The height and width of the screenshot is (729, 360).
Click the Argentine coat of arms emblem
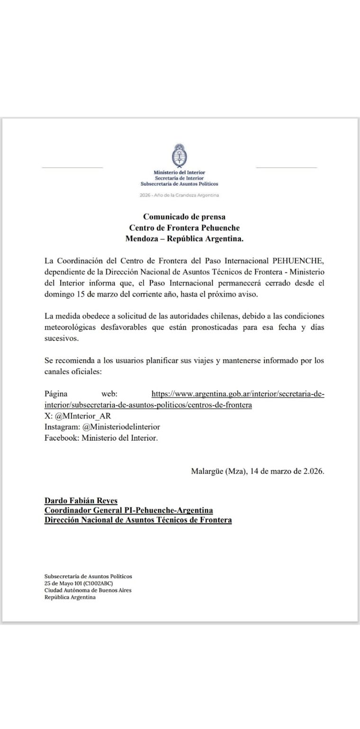[x=180, y=155]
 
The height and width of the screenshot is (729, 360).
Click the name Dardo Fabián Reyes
[x=81, y=500]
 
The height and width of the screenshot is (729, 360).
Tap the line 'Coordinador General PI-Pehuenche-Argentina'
[x=128, y=510]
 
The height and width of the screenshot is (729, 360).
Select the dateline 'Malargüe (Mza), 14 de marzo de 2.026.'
[x=258, y=471]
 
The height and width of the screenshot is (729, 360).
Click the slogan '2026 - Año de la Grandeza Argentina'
[x=180, y=195]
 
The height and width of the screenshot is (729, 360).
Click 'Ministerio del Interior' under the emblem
[x=180, y=172]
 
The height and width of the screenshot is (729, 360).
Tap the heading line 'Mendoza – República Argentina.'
[x=184, y=239]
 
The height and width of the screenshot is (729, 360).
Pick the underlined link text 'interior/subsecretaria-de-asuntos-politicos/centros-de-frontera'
[x=148, y=405]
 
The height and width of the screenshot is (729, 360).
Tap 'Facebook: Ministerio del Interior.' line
[x=101, y=438]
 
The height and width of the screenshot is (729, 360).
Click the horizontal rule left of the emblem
[x=72, y=167]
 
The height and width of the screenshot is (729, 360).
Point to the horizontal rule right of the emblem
[x=286, y=167]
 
